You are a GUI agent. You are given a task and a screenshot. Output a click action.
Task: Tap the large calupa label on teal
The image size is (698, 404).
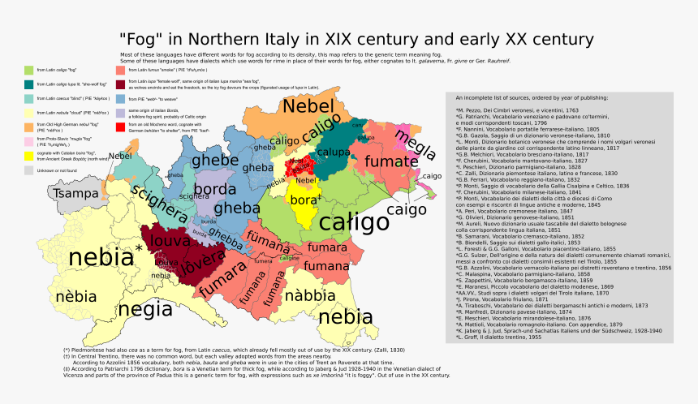coord(334,151)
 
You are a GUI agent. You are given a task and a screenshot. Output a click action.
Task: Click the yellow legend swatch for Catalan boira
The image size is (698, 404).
coord(29,155)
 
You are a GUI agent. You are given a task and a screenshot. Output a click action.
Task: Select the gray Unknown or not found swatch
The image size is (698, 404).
coord(29,170)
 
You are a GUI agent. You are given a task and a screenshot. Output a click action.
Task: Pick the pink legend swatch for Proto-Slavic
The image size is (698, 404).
coord(29,140)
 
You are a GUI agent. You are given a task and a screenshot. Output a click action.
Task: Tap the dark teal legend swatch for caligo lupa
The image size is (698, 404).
coord(29,84)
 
